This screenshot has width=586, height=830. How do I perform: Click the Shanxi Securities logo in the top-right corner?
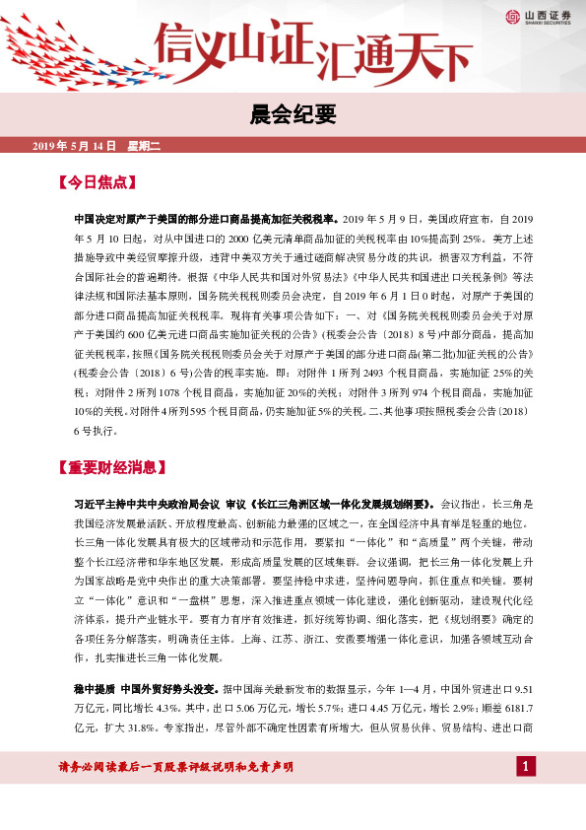click(x=538, y=15)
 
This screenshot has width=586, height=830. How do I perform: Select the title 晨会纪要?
click(x=293, y=115)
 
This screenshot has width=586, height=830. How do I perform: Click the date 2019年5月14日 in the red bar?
click(x=74, y=147)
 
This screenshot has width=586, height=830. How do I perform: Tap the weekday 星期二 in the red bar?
click(x=144, y=147)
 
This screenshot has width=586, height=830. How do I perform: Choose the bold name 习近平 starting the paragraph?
click(x=94, y=503)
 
